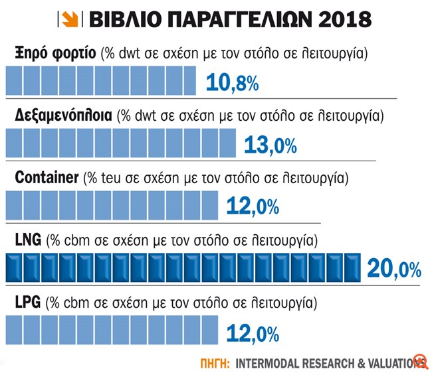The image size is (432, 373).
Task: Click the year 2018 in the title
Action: click(x=338, y=19)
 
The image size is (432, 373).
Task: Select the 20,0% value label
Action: click(x=393, y=269)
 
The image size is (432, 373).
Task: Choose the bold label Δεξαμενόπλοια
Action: click(x=63, y=115)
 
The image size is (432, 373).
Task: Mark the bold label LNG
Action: click(x=27, y=239)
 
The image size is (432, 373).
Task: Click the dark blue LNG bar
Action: click(x=183, y=268)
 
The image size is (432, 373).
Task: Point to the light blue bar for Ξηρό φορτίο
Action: click(x=100, y=83)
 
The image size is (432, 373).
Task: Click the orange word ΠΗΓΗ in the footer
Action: click(x=215, y=363)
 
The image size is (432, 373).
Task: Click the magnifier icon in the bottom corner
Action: click(x=419, y=361)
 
